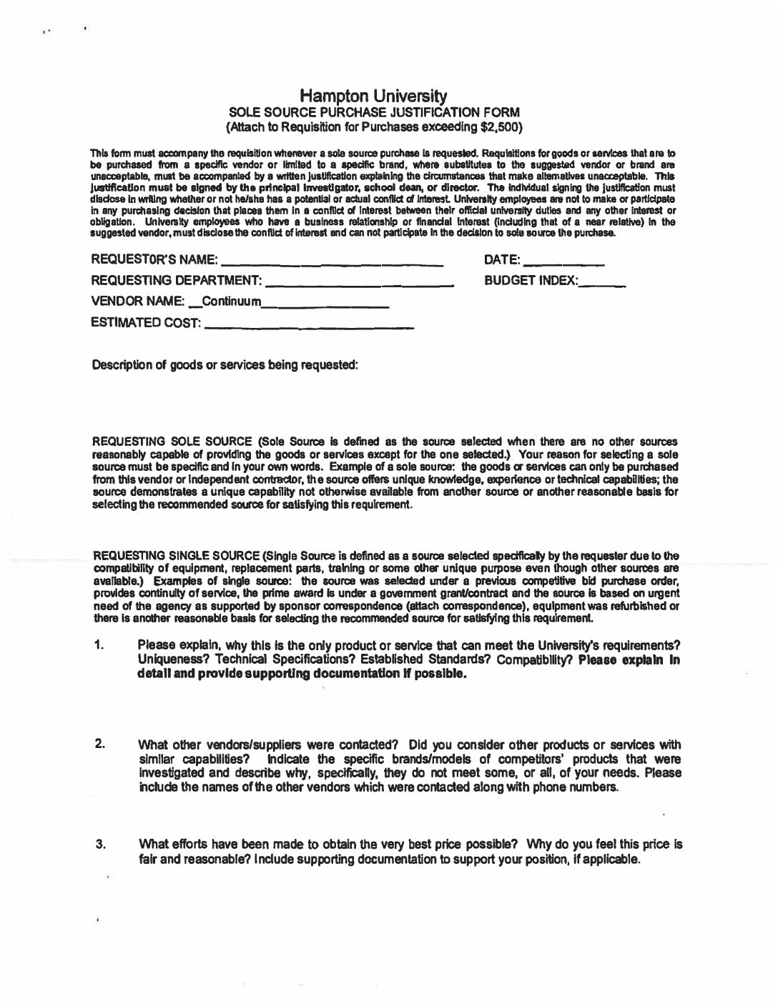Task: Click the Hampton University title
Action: click(373, 96)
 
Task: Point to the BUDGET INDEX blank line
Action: click(603, 282)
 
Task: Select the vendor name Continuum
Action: click(233, 302)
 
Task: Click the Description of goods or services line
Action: click(225, 365)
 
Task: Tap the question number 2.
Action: click(99, 743)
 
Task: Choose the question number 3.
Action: click(99, 845)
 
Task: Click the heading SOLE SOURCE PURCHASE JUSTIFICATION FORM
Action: click(373, 112)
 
